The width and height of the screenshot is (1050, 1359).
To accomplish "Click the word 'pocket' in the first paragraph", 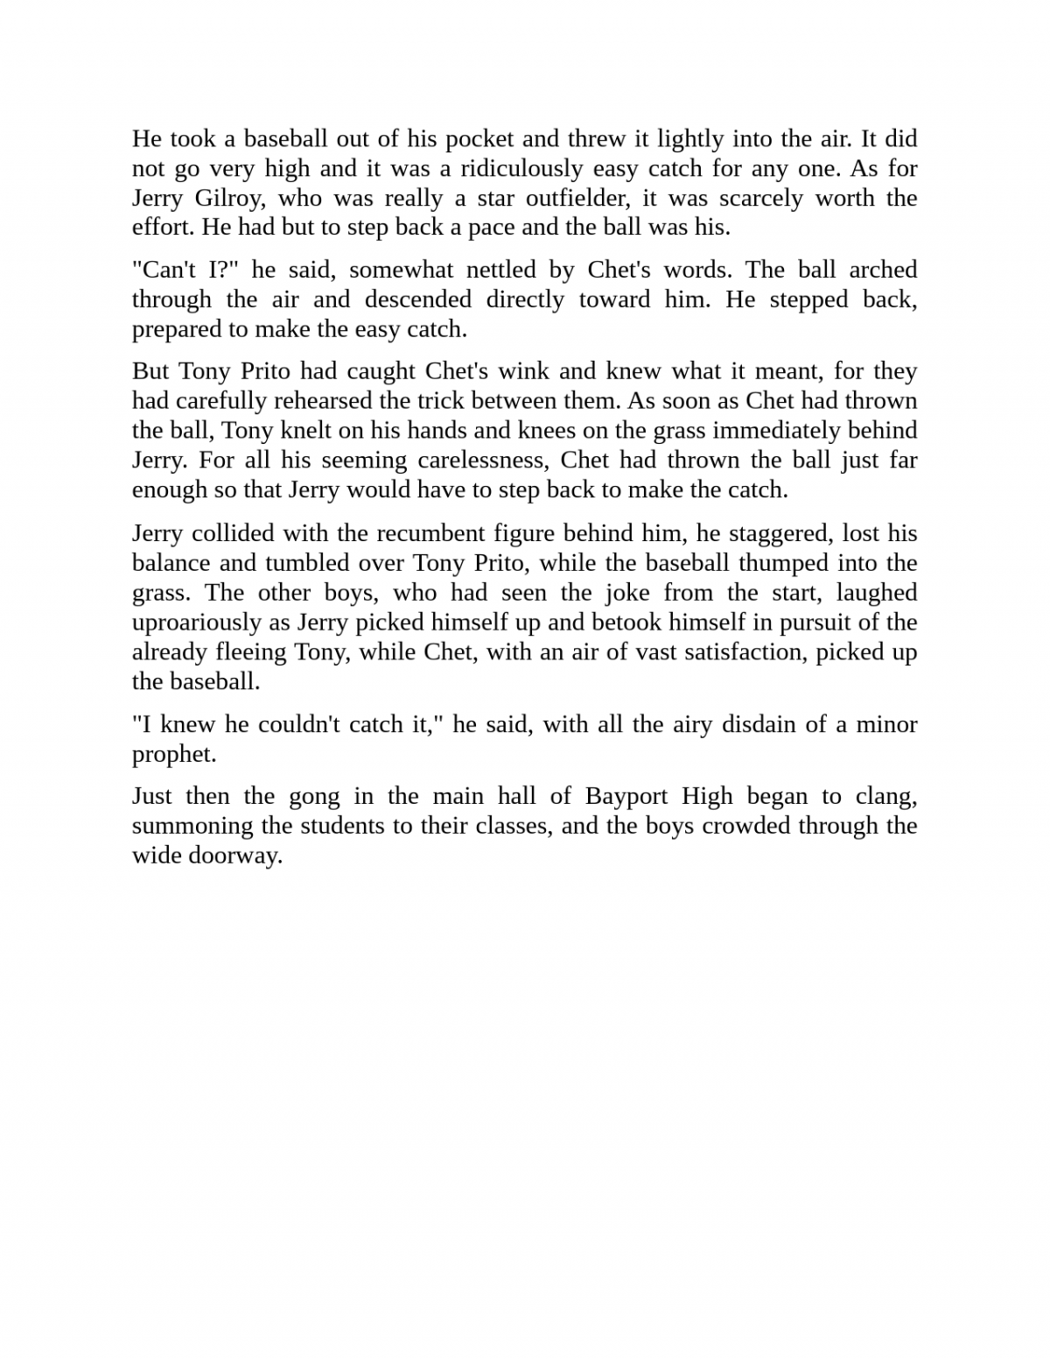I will click(479, 139).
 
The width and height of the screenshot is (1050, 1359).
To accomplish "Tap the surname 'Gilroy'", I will click(228, 198).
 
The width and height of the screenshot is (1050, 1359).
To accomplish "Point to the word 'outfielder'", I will click(578, 198).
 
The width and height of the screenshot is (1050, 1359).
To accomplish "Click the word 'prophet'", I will click(172, 755).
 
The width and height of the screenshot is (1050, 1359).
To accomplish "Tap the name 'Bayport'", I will click(627, 797).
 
